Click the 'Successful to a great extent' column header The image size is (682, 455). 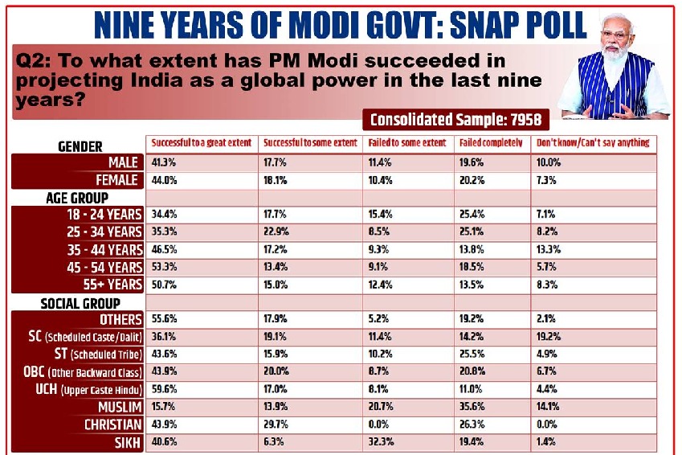point(200,143)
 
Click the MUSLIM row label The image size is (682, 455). point(120,407)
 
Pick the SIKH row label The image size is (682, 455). point(127,441)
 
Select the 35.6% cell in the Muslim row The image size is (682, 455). point(472,406)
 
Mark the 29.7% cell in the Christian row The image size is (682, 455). point(276,424)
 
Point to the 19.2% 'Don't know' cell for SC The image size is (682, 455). point(548,336)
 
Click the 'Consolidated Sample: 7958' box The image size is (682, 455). point(455,120)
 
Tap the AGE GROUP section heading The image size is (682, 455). point(76,198)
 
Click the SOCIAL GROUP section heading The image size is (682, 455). point(80,303)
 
